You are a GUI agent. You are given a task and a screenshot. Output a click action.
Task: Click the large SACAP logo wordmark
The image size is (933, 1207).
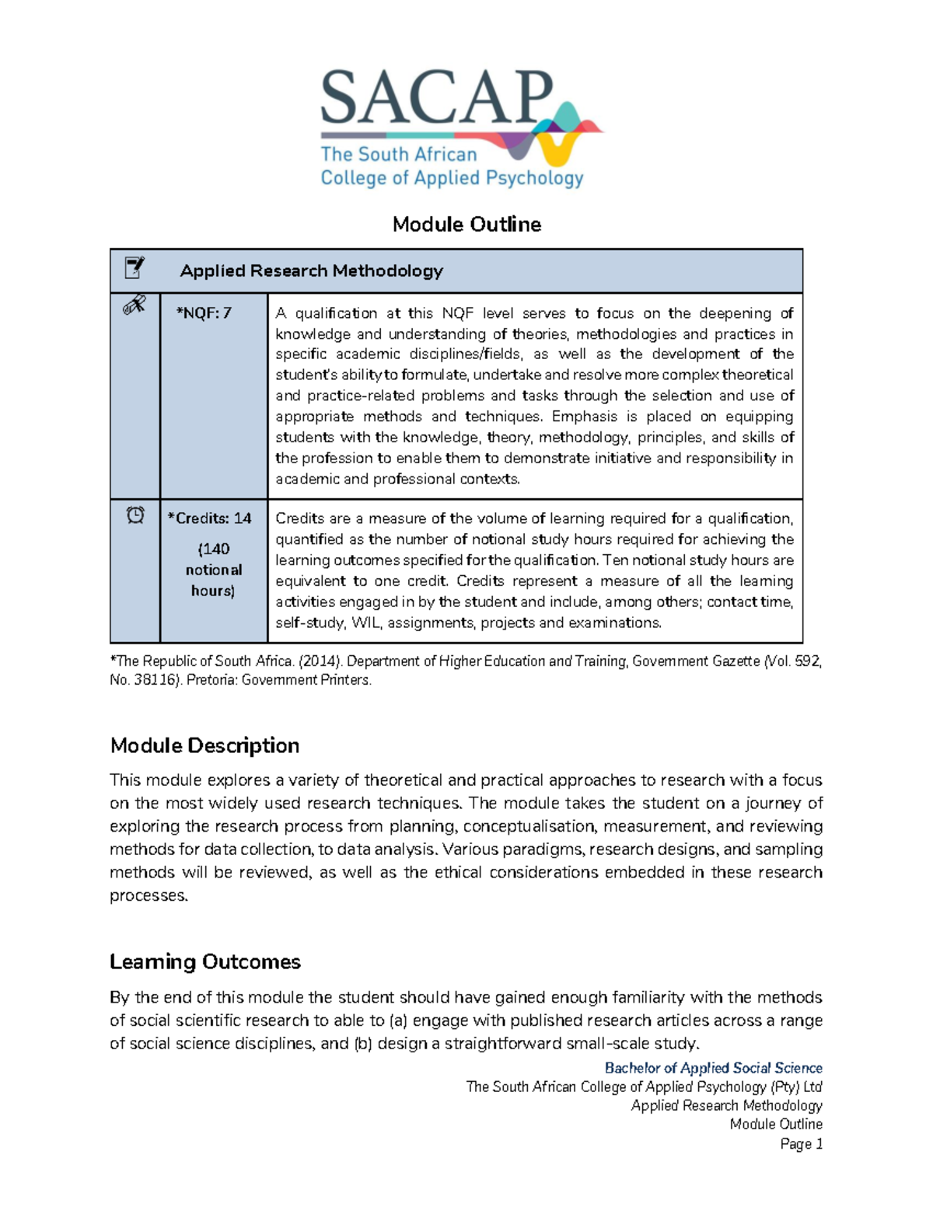[436, 98]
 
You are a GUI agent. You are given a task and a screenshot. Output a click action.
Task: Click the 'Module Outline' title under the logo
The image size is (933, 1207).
[466, 225]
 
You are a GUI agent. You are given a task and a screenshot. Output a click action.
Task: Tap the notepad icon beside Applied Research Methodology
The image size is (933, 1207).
[135, 268]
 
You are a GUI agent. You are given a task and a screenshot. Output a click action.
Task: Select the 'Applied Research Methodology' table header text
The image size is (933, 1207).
[311, 270]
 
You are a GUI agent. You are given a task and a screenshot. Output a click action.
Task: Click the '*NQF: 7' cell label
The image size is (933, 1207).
[204, 313]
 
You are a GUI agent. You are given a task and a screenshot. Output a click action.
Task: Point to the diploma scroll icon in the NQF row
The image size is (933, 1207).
[135, 305]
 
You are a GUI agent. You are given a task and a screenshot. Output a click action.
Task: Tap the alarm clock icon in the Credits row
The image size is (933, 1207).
[135, 515]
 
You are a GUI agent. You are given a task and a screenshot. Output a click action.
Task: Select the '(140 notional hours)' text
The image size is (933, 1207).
[213, 570]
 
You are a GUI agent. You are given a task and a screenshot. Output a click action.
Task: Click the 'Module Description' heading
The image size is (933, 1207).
[204, 745]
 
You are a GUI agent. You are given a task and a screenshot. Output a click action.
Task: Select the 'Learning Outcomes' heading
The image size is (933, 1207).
[205, 961]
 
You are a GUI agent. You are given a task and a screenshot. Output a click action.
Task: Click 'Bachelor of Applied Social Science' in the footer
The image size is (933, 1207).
[713, 1068]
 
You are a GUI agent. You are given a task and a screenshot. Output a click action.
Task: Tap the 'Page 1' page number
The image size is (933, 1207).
[801, 1143]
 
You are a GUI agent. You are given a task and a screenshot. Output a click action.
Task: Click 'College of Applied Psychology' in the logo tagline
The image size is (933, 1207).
[452, 178]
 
